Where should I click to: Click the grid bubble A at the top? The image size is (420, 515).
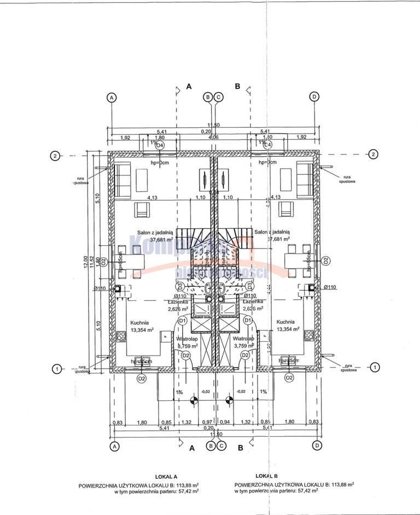112,97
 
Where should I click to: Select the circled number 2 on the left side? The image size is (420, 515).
55,156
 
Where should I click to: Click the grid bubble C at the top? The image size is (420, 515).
218,97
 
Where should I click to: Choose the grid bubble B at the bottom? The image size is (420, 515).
211,446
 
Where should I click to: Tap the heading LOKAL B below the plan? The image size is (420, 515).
268,476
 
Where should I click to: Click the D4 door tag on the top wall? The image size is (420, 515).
160,145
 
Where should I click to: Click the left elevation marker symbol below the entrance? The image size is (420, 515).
192,401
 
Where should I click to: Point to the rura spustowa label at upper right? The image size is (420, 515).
346,179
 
